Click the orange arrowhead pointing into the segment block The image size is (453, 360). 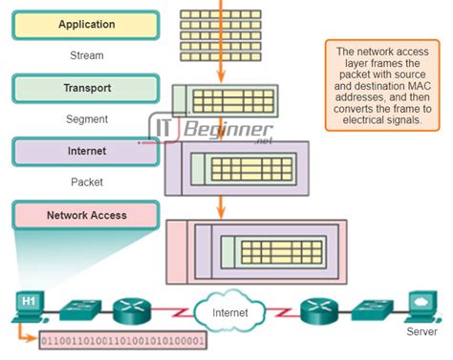tap(222, 78)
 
